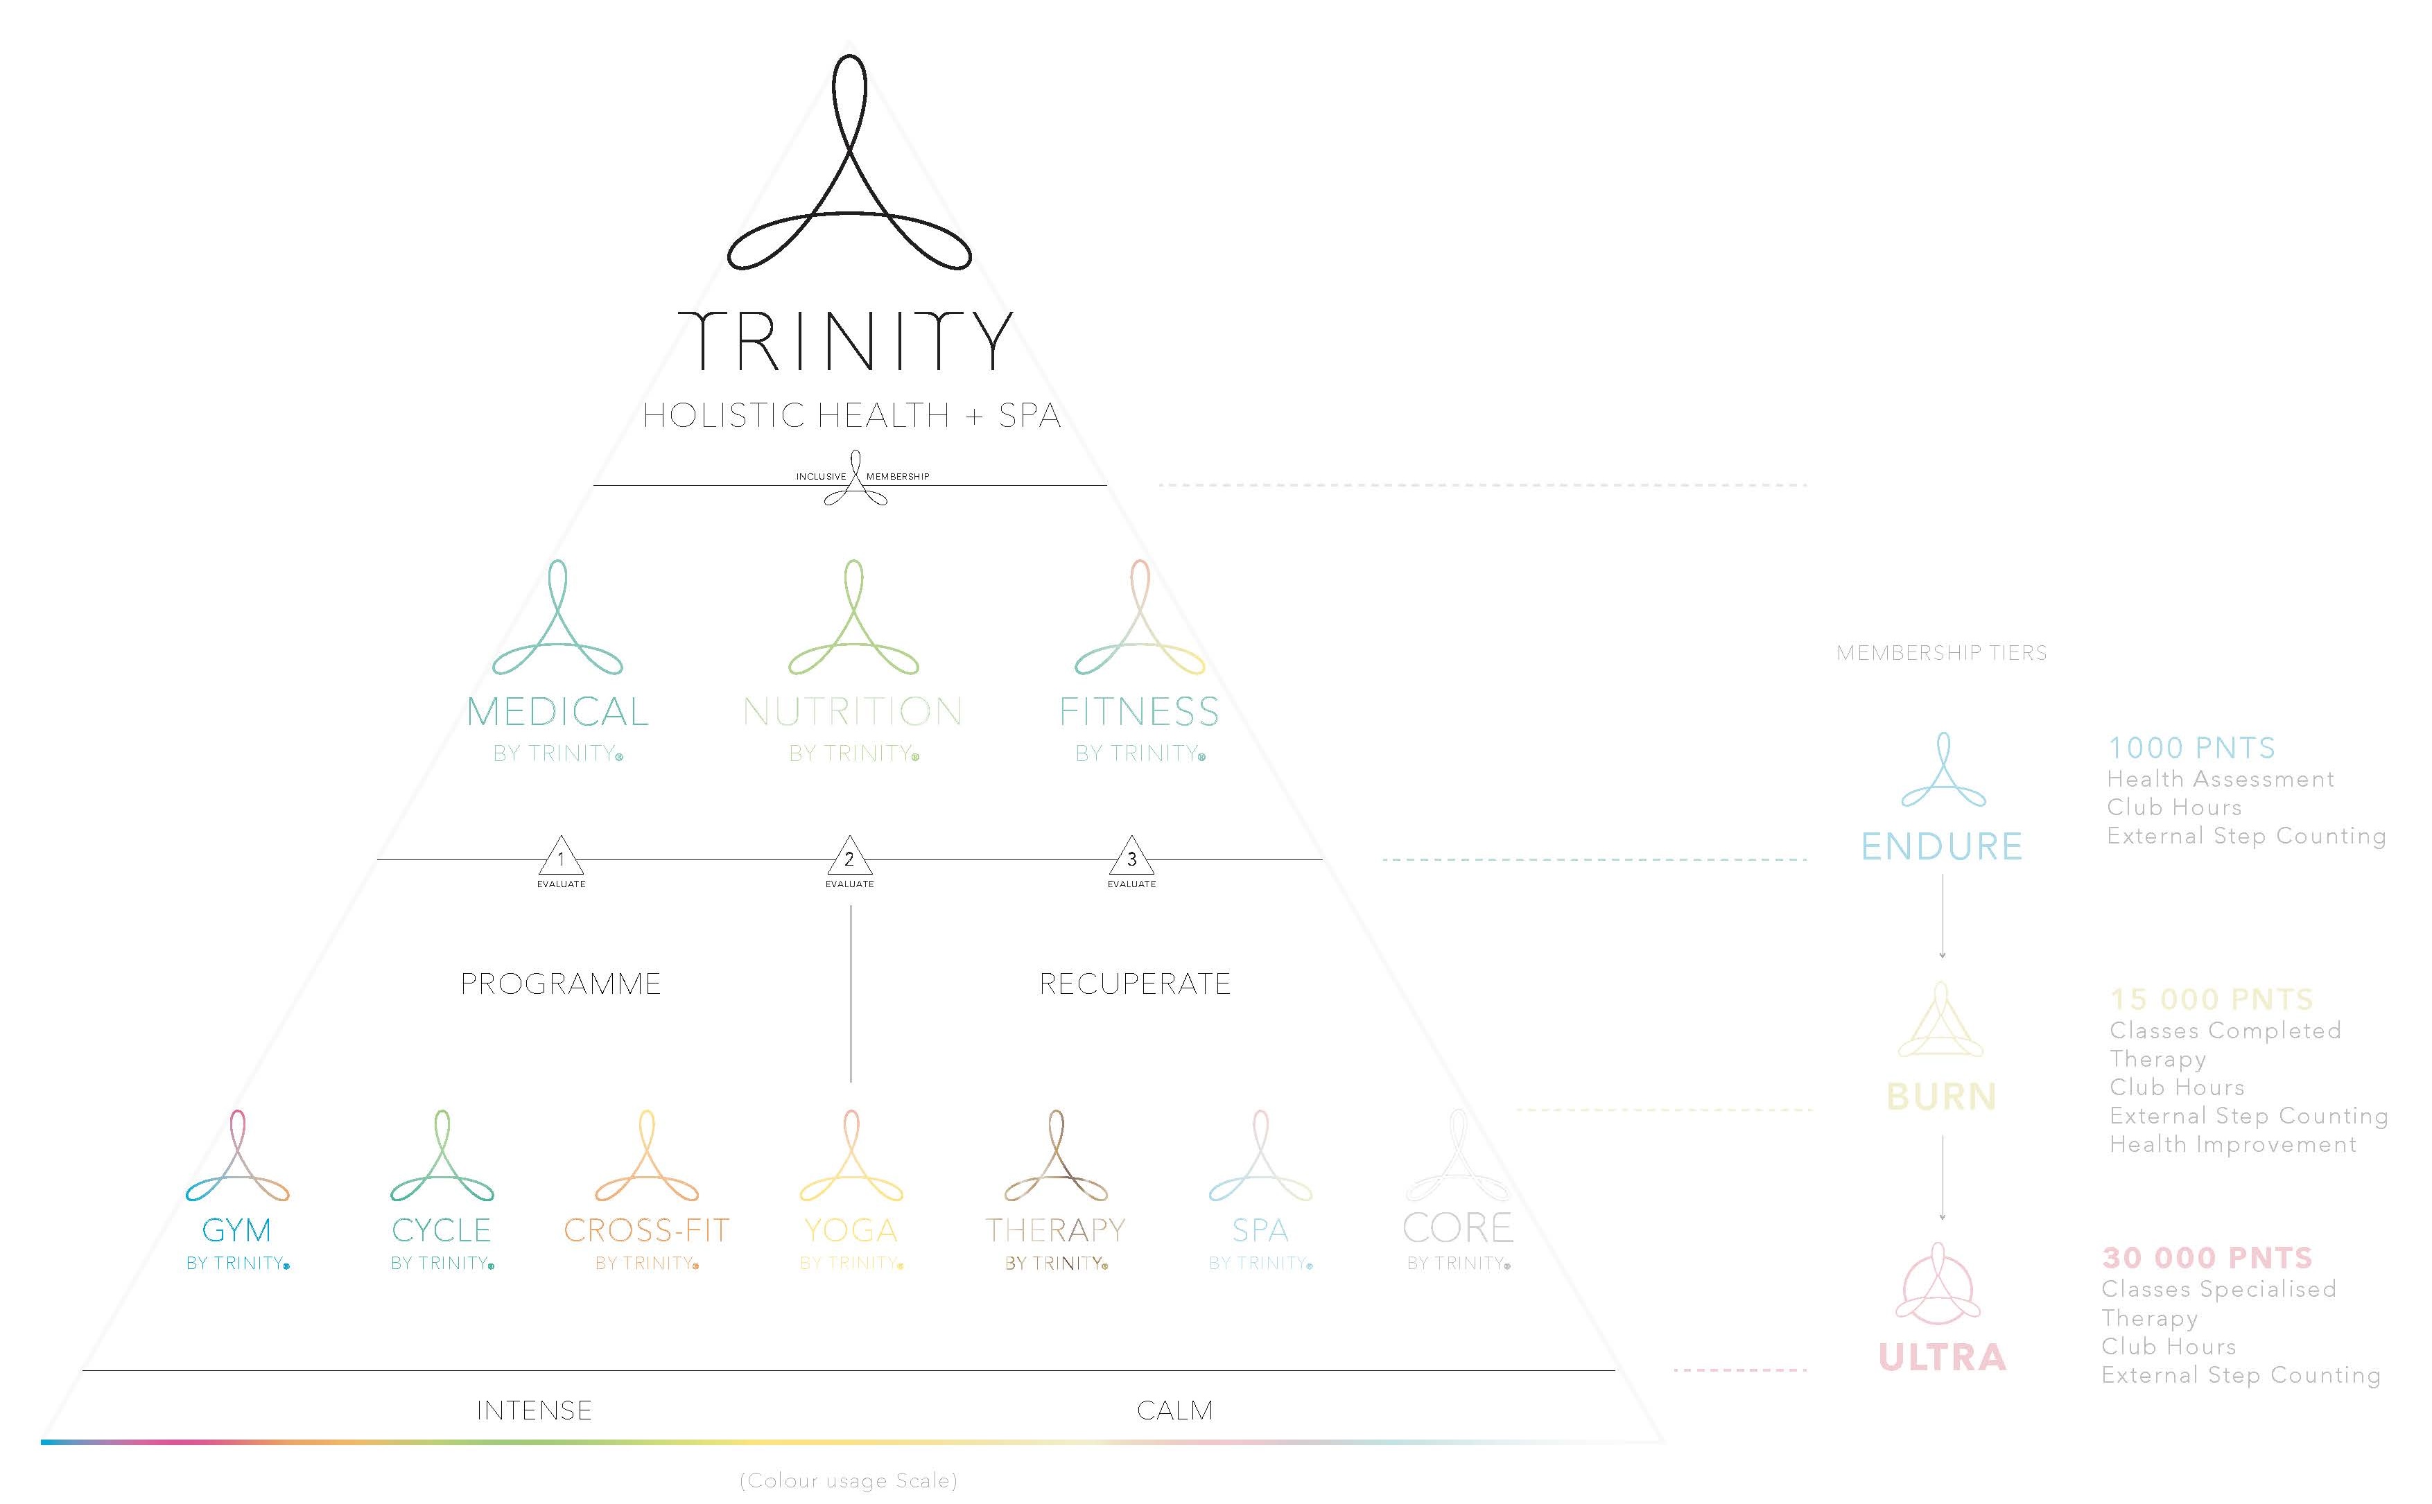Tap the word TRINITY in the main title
pyautogui.click(x=846, y=340)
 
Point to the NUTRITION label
pyautogui.click(x=853, y=711)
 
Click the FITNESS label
pyautogui.click(x=1139, y=711)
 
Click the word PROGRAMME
pyautogui.click(x=560, y=983)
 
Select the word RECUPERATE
pyautogui.click(x=1135, y=983)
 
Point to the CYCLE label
pyautogui.click(x=442, y=1230)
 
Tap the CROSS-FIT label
pyautogui.click(x=647, y=1230)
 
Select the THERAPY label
pyautogui.click(x=1055, y=1230)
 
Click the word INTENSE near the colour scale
pyautogui.click(x=534, y=1410)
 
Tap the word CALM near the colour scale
pyautogui.click(x=1174, y=1410)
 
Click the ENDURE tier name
pyautogui.click(x=1942, y=846)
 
